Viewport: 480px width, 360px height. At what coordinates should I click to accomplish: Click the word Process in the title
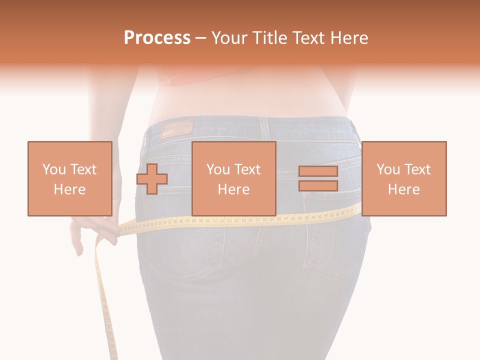(157, 38)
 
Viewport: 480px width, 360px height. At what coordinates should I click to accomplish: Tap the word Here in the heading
(349, 38)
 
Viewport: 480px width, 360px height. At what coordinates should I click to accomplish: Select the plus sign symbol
(152, 178)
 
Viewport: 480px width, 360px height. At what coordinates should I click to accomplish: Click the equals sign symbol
(318, 178)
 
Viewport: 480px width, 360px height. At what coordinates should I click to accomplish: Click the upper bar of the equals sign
(318, 171)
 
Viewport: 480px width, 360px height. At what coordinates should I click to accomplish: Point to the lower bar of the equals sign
(318, 185)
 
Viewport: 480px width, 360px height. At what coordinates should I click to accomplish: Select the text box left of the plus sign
(69, 178)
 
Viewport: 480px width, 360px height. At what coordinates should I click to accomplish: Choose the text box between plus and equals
(233, 178)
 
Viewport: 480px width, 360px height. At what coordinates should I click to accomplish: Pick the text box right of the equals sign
(403, 178)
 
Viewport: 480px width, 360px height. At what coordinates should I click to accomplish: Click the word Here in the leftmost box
(69, 189)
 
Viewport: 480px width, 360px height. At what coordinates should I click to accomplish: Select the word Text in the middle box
(247, 169)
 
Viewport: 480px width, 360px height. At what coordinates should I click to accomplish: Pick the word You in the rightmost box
(388, 169)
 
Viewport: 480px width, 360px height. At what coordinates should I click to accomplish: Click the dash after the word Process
(201, 38)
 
